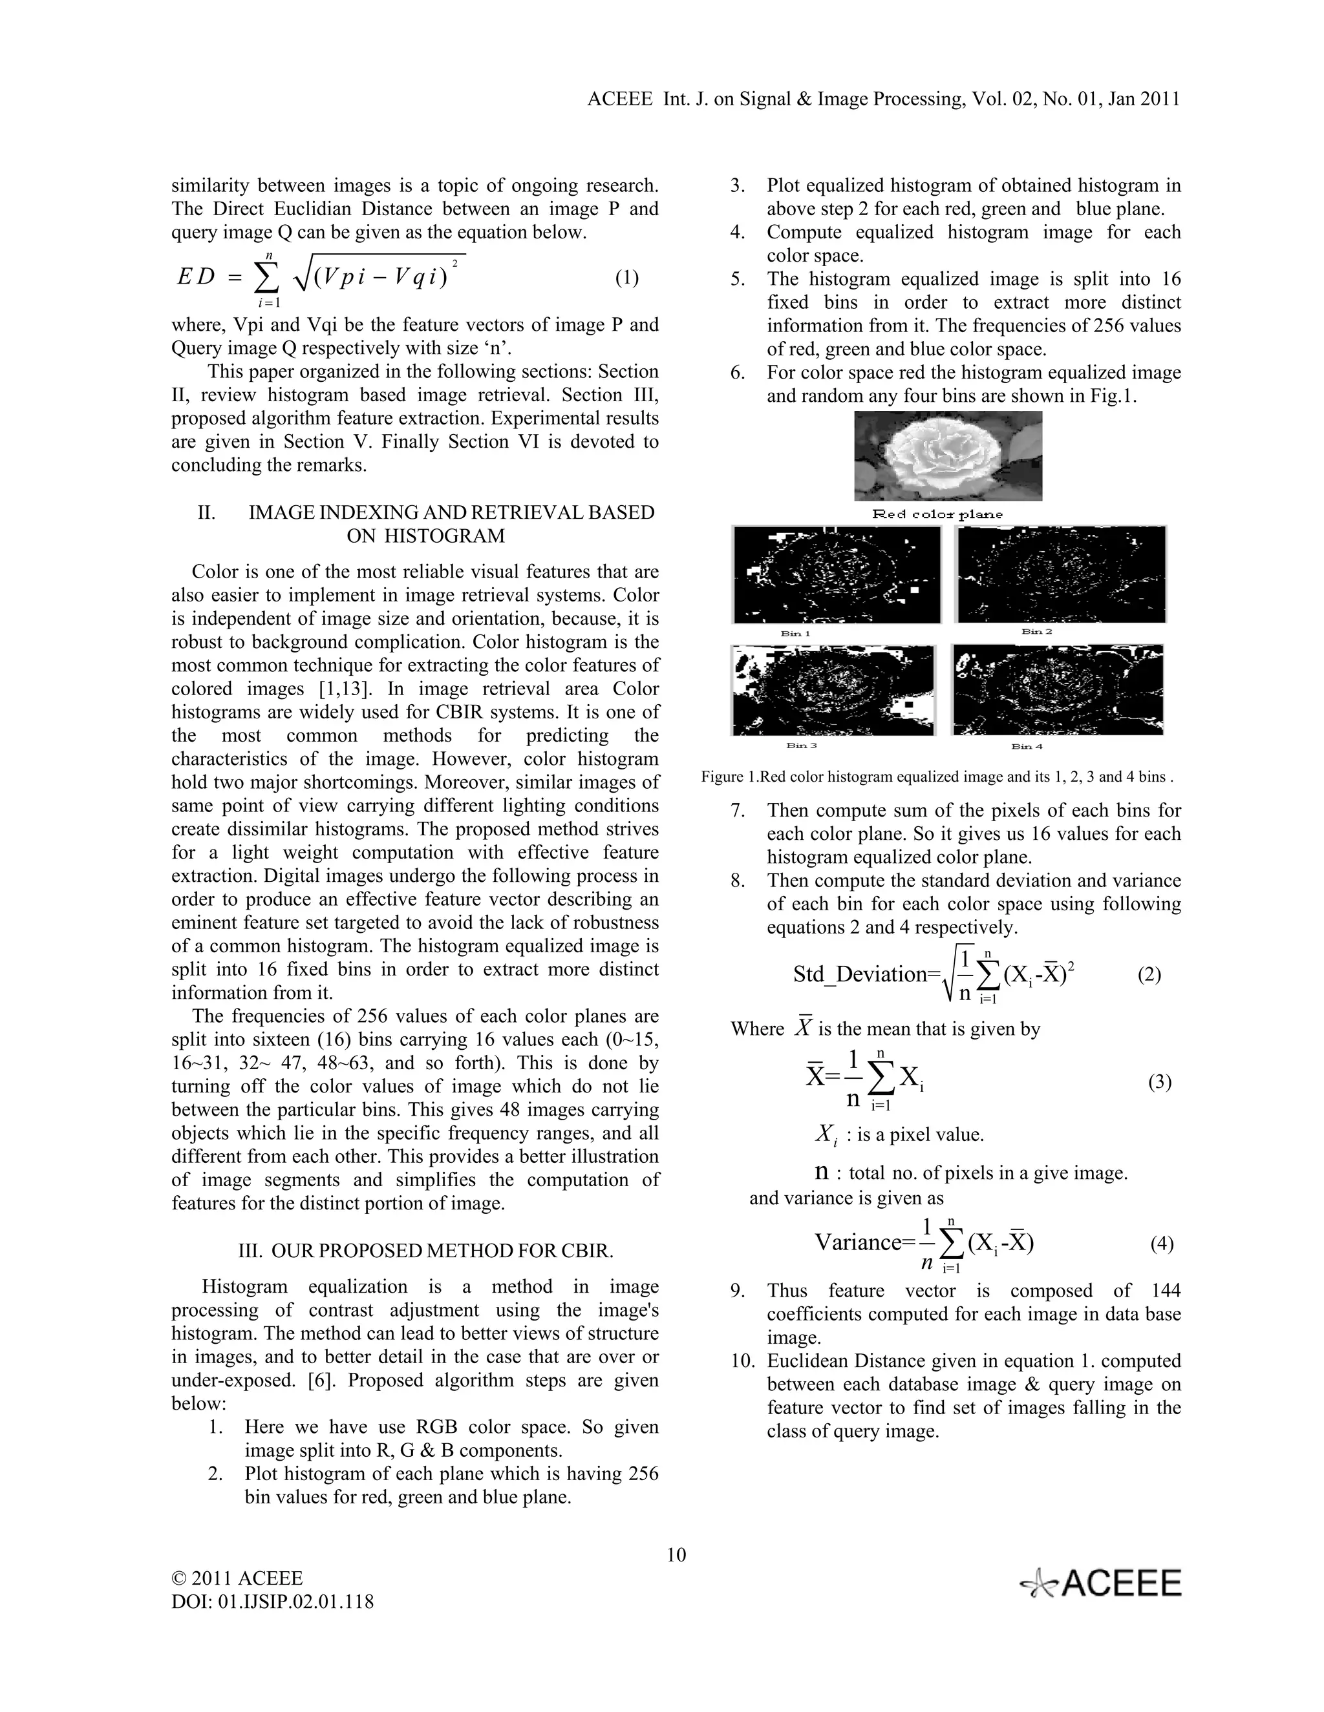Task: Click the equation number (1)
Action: (x=626, y=278)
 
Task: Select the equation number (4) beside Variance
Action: (x=1162, y=1244)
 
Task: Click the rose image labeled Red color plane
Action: (x=948, y=455)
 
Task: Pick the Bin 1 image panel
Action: (x=836, y=574)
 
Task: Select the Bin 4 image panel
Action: (x=1057, y=690)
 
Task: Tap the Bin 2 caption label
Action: (x=1036, y=631)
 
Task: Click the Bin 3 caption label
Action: (x=801, y=746)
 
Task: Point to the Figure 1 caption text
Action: (x=937, y=777)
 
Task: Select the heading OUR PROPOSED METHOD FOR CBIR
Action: (x=442, y=1250)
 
